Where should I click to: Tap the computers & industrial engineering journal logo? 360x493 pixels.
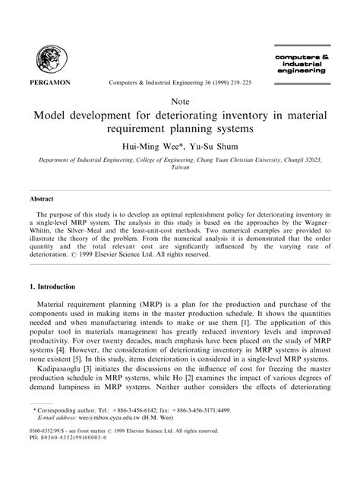coord(300,63)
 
